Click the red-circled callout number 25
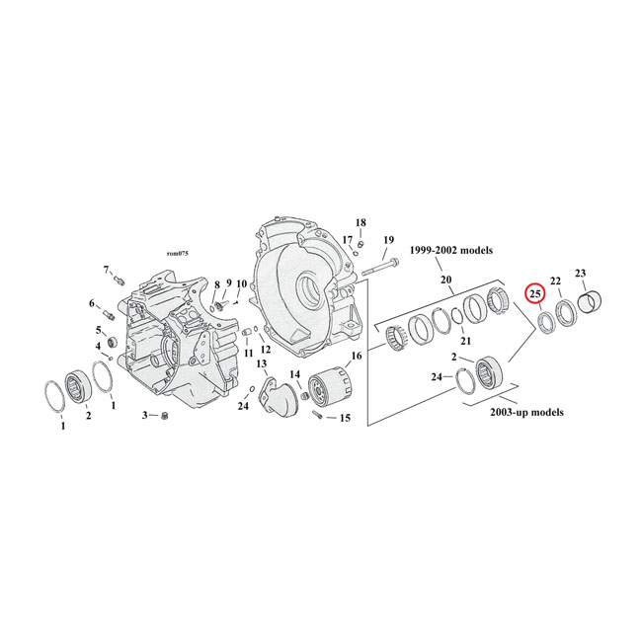pyautogui.click(x=534, y=293)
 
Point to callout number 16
pyautogui.click(x=357, y=355)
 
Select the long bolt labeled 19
pyautogui.click(x=381, y=265)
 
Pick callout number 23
pyautogui.click(x=580, y=273)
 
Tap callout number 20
pyautogui.click(x=446, y=280)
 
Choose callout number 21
pyautogui.click(x=465, y=341)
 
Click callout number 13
pyautogui.click(x=262, y=364)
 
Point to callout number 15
pyautogui.click(x=345, y=418)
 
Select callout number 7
pyautogui.click(x=106, y=270)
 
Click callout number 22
pyautogui.click(x=556, y=281)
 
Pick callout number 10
pyautogui.click(x=241, y=284)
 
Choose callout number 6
pyautogui.click(x=93, y=303)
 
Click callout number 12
pyautogui.click(x=265, y=349)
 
